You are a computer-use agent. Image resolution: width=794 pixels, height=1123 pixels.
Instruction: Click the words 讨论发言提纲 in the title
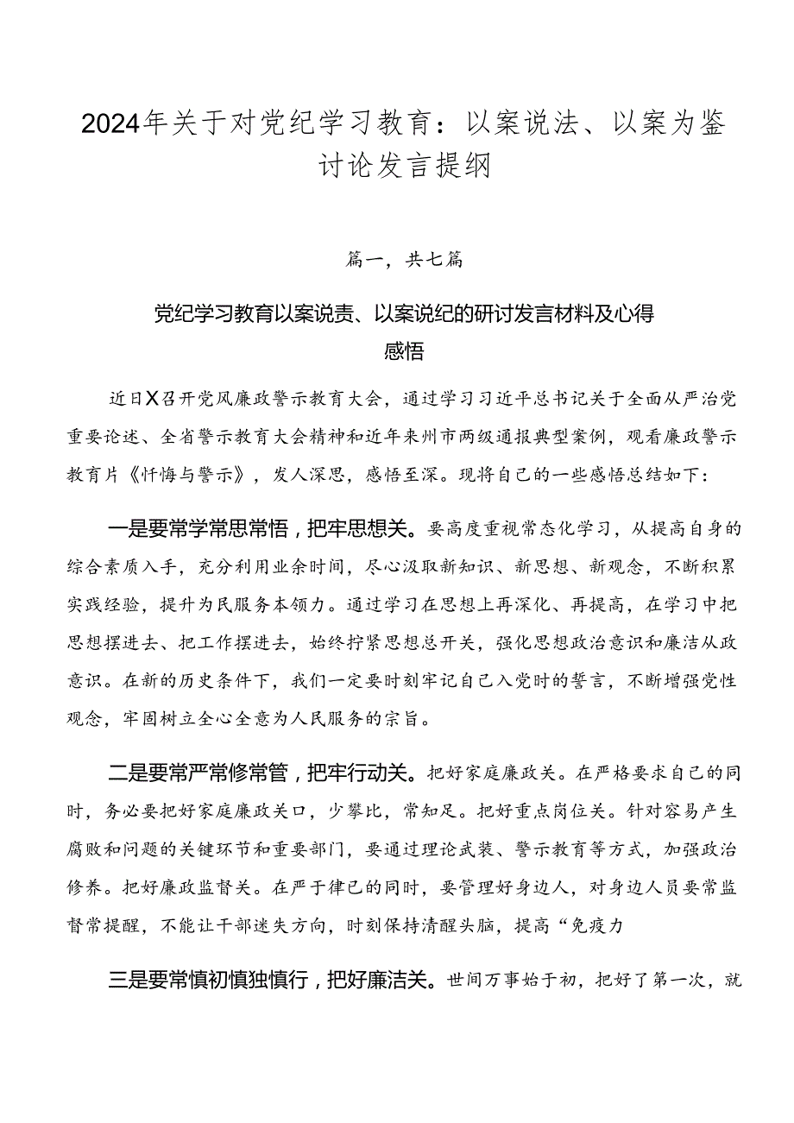point(396,163)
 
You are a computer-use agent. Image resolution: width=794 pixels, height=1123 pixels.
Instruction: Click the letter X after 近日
point(152,398)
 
